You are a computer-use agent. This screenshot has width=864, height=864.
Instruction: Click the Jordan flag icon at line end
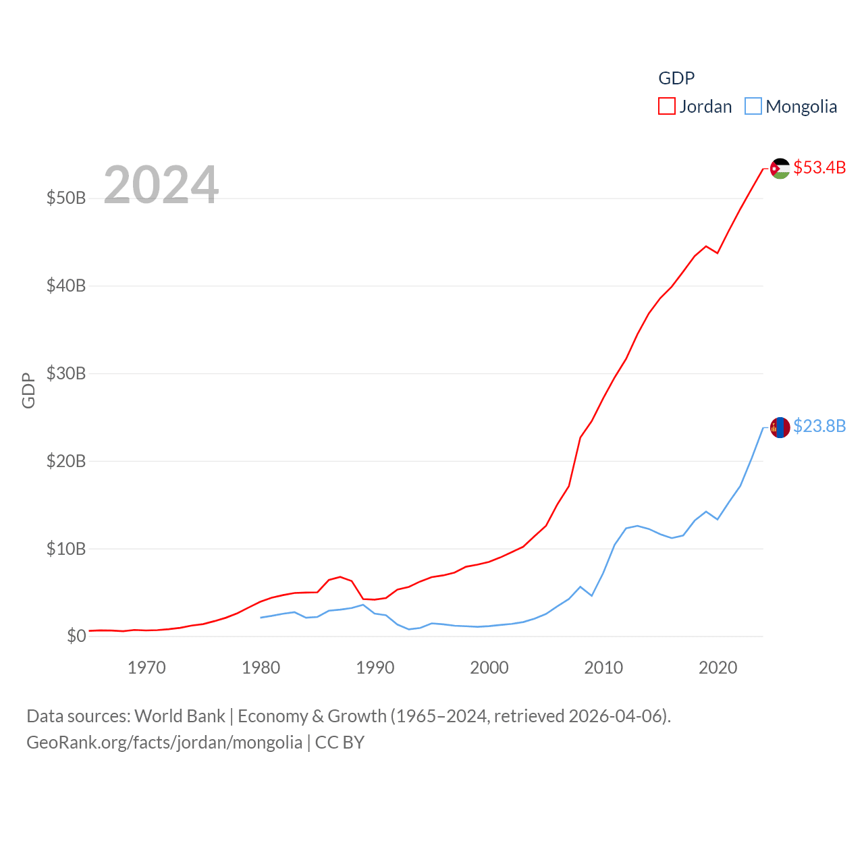pyautogui.click(x=780, y=168)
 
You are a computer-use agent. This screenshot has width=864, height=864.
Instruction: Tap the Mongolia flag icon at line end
pyautogui.click(x=780, y=427)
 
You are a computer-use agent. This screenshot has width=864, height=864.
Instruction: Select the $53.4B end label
pyautogui.click(x=819, y=167)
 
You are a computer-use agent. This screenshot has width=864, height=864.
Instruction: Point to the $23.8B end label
pyautogui.click(x=819, y=426)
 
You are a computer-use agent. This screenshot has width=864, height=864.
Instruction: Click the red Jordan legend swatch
pyautogui.click(x=667, y=107)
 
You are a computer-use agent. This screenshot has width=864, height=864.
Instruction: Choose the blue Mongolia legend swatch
pyautogui.click(x=753, y=107)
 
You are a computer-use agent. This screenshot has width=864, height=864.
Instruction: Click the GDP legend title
pyautogui.click(x=676, y=78)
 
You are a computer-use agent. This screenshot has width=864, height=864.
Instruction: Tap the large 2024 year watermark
pyautogui.click(x=161, y=184)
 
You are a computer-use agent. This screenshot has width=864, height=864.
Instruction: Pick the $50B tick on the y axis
pyautogui.click(x=66, y=198)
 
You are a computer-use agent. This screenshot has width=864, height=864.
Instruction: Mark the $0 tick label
pyautogui.click(x=76, y=636)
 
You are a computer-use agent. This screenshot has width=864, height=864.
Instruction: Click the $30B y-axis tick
pyautogui.click(x=66, y=373)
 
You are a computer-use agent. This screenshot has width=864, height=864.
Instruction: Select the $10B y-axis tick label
pyautogui.click(x=66, y=549)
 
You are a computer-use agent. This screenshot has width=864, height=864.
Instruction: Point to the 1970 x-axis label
pyautogui.click(x=146, y=668)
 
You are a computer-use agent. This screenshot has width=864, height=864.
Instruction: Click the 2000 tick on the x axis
pyautogui.click(x=489, y=668)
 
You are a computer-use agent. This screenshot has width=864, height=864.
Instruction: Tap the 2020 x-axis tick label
pyautogui.click(x=718, y=668)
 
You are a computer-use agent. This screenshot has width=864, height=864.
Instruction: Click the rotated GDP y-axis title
pyautogui.click(x=28, y=390)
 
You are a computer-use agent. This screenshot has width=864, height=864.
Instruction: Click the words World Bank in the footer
pyautogui.click(x=180, y=715)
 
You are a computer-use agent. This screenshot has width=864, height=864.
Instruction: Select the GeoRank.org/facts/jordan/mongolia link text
pyautogui.click(x=165, y=742)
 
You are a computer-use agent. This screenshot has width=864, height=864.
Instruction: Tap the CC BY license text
pyautogui.click(x=340, y=742)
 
